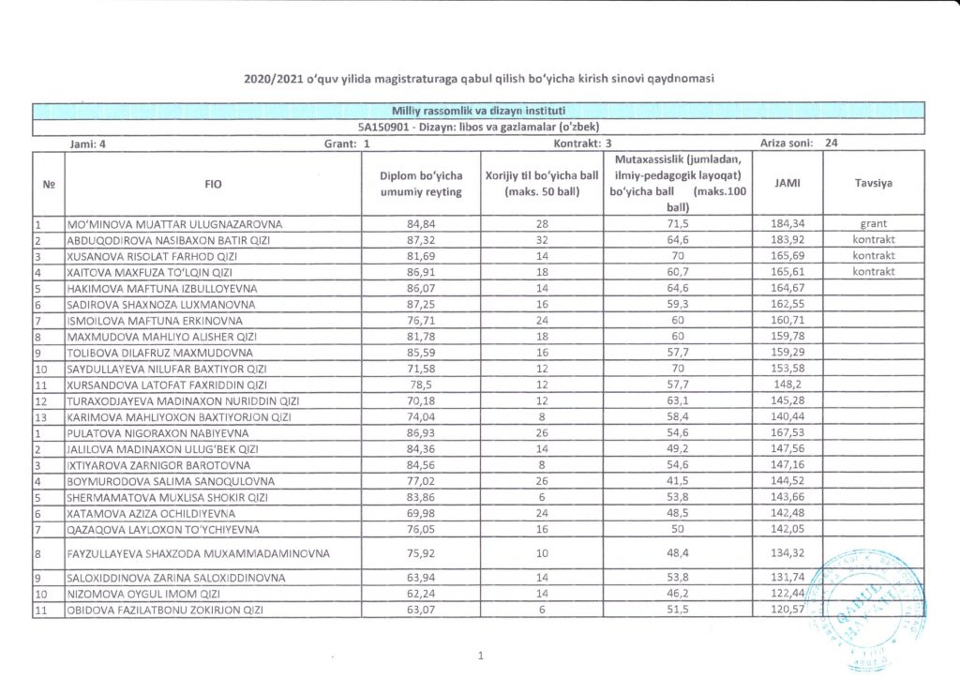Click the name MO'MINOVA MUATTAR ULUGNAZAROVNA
pos(173,225)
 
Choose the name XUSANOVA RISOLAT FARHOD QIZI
pos(161,256)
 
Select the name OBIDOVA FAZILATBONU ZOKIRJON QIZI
pos(164,611)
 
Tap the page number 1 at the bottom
pos(480,656)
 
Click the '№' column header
pos(48,185)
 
